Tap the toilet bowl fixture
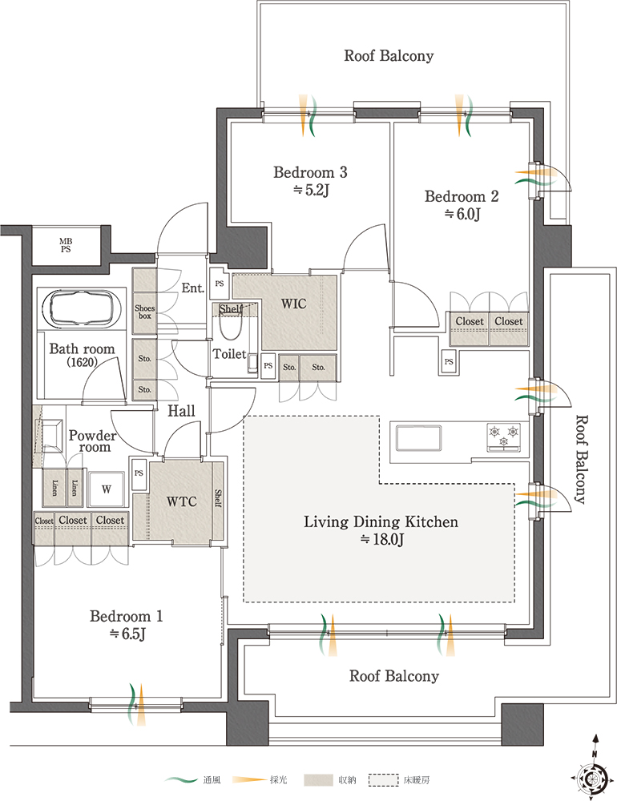tap(230, 325)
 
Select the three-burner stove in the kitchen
tap(504, 438)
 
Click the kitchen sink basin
tap(418, 438)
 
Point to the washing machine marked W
tap(107, 489)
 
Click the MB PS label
tap(66, 245)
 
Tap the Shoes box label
tap(145, 312)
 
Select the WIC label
tap(293, 304)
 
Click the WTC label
tap(181, 501)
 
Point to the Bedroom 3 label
tap(310, 172)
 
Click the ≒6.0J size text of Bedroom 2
tap(462, 214)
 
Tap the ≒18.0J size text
tap(382, 539)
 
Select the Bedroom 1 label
tap(127, 616)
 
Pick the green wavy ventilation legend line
tap(181, 780)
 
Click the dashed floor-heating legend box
tap(383, 780)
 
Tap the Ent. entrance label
tap(193, 288)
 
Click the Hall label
tap(181, 411)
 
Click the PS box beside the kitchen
tap(449, 362)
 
